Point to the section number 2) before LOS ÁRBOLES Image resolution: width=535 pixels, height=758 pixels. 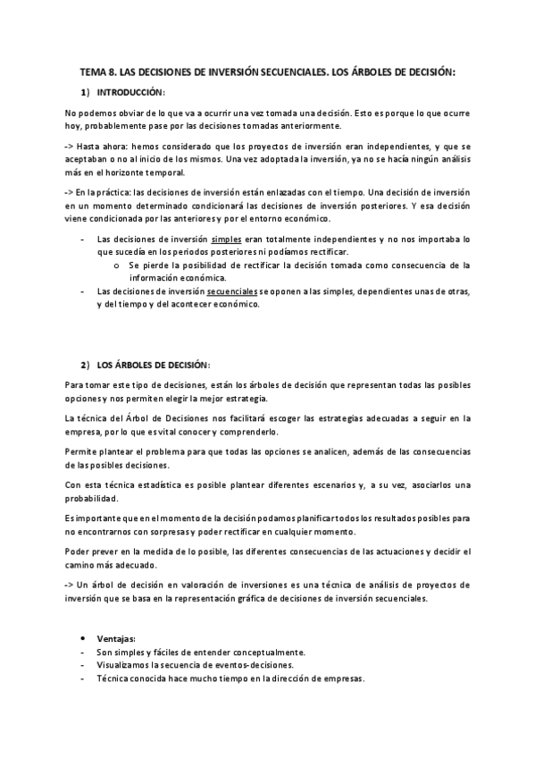click(84, 365)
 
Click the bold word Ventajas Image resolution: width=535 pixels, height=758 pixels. click(116, 639)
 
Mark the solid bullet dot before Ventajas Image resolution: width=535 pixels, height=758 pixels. click(83, 639)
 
